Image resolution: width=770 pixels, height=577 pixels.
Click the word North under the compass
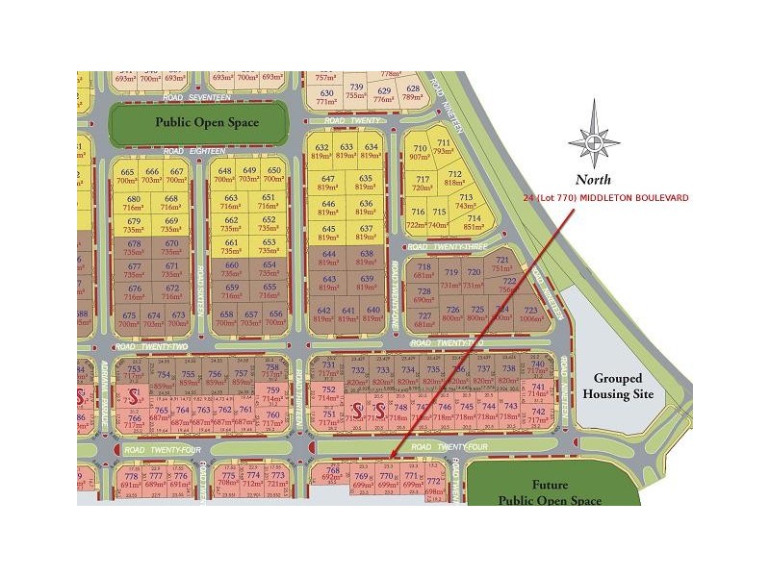point(594,179)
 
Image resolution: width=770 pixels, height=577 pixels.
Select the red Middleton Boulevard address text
point(605,197)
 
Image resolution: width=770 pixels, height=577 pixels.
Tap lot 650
point(273,175)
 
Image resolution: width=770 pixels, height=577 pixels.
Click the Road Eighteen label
point(193,151)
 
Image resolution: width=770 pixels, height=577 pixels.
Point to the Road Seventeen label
point(197,97)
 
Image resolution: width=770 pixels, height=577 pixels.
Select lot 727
point(423,320)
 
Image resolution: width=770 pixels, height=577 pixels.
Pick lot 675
point(129,319)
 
